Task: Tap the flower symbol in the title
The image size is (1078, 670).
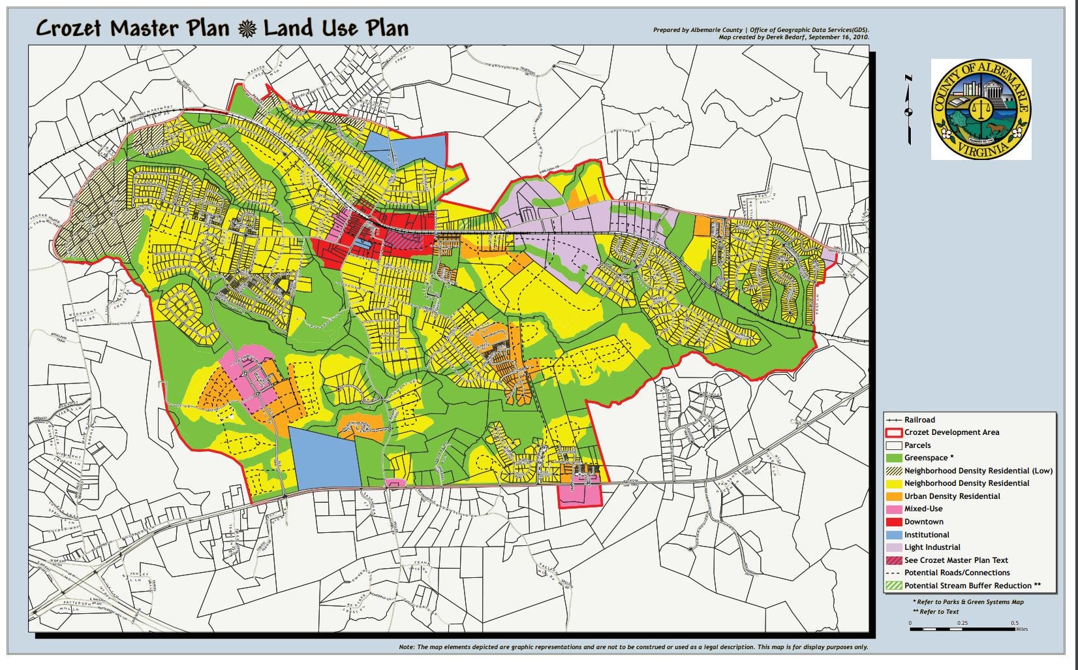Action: pyautogui.click(x=247, y=29)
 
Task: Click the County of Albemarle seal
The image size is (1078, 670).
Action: pyautogui.click(x=981, y=109)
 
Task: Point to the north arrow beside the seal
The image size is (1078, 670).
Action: pyautogui.click(x=908, y=110)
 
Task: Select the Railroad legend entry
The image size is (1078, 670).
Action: pyautogui.click(x=919, y=420)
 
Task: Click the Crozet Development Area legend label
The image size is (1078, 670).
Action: pyautogui.click(x=951, y=432)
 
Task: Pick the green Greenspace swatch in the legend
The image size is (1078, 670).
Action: pyautogui.click(x=893, y=458)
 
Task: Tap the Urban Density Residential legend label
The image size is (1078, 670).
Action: pyautogui.click(x=952, y=496)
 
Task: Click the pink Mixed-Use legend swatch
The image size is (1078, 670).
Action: pyautogui.click(x=893, y=509)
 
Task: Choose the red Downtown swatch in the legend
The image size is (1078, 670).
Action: pyautogui.click(x=893, y=522)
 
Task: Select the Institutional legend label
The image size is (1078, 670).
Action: pyautogui.click(x=927, y=535)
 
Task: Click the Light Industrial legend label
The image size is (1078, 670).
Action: pyautogui.click(x=932, y=547)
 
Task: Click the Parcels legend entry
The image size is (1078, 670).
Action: pyautogui.click(x=917, y=445)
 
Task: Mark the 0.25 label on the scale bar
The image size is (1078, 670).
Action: pyautogui.click(x=962, y=623)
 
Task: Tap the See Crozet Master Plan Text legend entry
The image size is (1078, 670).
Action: pyautogui.click(x=956, y=560)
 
